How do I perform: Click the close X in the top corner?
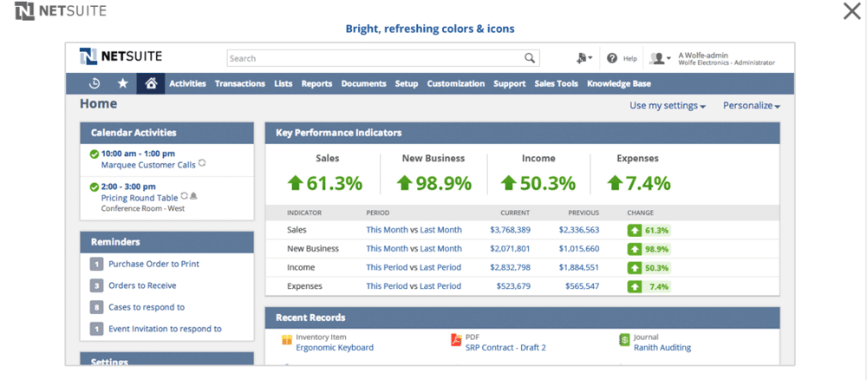(x=851, y=11)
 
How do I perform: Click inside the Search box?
(x=373, y=58)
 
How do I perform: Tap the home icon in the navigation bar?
(x=151, y=83)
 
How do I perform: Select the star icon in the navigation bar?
(x=122, y=83)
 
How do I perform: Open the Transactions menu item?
(x=239, y=84)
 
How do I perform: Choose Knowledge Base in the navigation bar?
(x=618, y=84)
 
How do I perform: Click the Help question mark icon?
(x=612, y=58)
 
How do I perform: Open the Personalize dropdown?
(x=751, y=106)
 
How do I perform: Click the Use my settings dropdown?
(x=667, y=106)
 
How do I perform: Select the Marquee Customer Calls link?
(x=148, y=164)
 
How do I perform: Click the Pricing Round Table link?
(x=139, y=198)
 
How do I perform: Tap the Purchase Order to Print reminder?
(x=153, y=264)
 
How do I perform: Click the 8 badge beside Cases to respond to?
(x=96, y=307)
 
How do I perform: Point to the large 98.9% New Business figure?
(x=433, y=183)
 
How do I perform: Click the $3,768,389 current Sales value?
(x=510, y=230)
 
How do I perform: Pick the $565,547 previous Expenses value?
(x=581, y=285)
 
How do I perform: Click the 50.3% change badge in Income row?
(x=649, y=267)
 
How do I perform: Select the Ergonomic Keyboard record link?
(x=335, y=347)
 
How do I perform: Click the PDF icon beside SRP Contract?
(x=456, y=341)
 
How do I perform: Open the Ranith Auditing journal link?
(x=662, y=347)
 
